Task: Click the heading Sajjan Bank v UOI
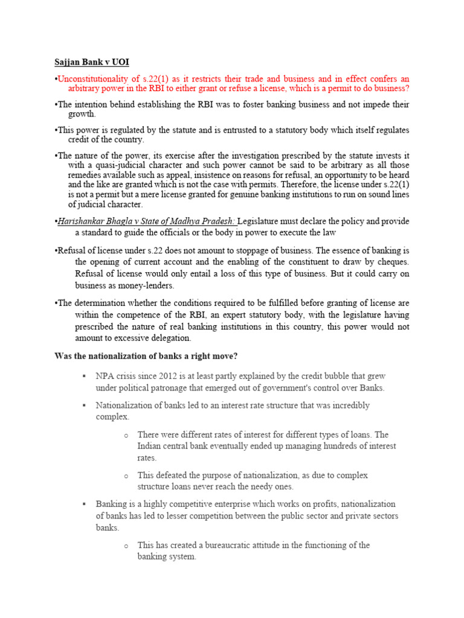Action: click(89, 62)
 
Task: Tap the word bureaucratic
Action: click(212, 545)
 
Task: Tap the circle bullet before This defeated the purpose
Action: click(126, 476)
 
